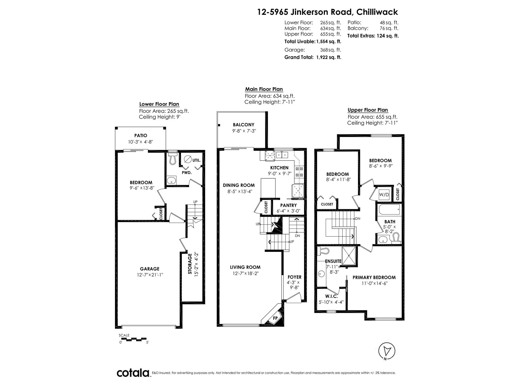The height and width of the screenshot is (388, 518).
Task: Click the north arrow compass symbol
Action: pyautogui.click(x=387, y=351)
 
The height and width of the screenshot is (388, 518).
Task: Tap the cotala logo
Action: pyautogui.click(x=133, y=373)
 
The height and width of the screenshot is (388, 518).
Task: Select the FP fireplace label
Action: pyautogui.click(x=275, y=318)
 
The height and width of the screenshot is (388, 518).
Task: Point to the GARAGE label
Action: pyautogui.click(x=149, y=269)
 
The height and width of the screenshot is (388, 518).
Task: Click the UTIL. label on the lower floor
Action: pyautogui.click(x=196, y=160)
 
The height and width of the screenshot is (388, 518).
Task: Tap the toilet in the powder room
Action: pyautogui.click(x=172, y=158)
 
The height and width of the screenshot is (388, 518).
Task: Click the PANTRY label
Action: pyautogui.click(x=288, y=205)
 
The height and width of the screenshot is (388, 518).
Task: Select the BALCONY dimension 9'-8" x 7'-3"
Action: pyautogui.click(x=244, y=131)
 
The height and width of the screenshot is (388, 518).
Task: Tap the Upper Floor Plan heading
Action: pyautogui.click(x=368, y=110)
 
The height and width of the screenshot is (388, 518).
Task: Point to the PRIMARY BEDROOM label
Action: pyautogui.click(x=374, y=277)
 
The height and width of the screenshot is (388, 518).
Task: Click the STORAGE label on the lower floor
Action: pyautogui.click(x=190, y=264)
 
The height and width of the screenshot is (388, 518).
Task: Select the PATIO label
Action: pyautogui.click(x=141, y=136)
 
